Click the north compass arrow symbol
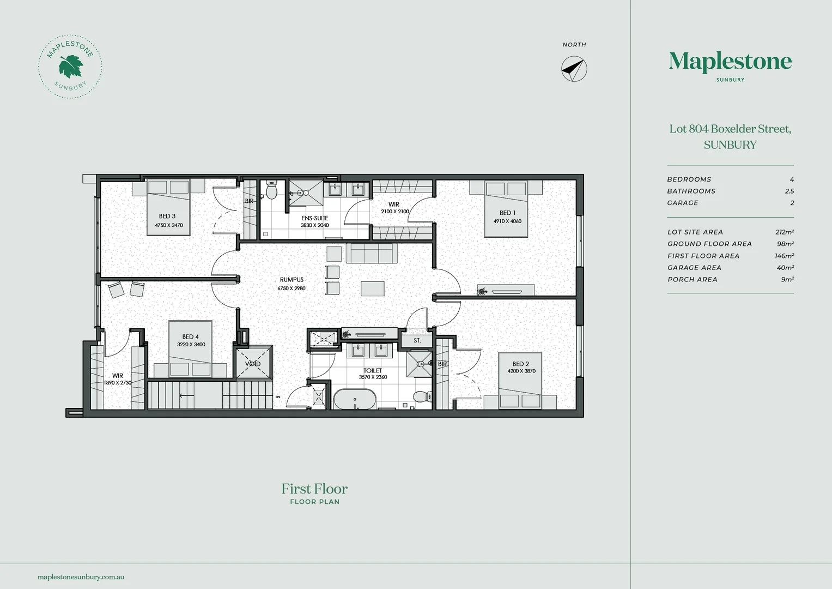coord(574,69)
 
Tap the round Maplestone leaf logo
coord(70,67)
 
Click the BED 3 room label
coord(167,216)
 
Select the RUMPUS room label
coord(291,280)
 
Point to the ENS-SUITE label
coord(314,218)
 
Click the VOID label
coord(253,364)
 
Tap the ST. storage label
coord(417,340)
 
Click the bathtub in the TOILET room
coord(355,399)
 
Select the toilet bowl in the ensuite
coord(271,191)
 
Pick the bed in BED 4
coord(191,350)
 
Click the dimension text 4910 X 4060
coord(507,221)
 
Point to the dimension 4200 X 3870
coord(521,371)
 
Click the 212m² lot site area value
coord(785,232)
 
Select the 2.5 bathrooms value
coord(790,191)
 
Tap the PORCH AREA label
coord(693,280)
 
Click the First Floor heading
coord(314,489)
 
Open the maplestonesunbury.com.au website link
coord(81,577)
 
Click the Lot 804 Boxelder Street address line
coord(730,129)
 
